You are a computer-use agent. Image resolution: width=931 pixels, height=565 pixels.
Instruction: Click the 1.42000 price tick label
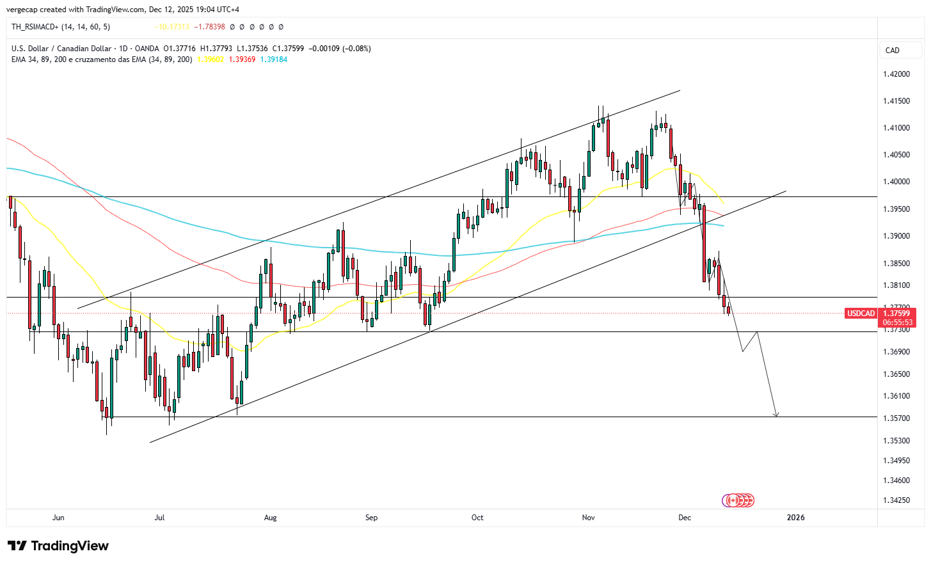point(896,74)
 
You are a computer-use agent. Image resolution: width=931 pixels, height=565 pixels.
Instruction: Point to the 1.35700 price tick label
point(896,418)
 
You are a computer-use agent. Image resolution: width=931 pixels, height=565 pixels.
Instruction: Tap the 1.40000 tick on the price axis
point(896,182)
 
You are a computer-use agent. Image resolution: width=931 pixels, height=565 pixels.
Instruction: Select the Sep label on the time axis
point(371,518)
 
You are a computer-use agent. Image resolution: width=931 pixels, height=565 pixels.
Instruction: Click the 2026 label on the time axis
point(795,518)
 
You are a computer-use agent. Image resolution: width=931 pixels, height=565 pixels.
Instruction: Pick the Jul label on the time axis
point(159,518)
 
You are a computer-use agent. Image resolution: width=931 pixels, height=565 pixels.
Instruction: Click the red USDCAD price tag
point(861,314)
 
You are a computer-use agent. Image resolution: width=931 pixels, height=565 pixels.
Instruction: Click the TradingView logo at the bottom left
point(58,546)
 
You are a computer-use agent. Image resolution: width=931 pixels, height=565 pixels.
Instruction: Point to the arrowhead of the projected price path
point(776,415)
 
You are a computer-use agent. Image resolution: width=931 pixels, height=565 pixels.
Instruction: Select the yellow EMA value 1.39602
point(211,60)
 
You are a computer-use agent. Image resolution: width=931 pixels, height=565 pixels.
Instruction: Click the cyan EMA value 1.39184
point(273,60)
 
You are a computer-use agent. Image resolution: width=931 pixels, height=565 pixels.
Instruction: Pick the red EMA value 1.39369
point(242,60)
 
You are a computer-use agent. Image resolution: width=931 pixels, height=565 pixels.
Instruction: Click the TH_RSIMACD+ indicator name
point(35,27)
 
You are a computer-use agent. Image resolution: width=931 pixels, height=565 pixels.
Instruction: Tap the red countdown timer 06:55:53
point(898,322)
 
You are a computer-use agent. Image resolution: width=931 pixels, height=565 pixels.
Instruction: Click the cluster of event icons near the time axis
point(738,500)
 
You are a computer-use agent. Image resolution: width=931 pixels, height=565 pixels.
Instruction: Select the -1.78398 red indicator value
point(210,27)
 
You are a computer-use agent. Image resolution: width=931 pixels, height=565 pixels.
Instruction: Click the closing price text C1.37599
point(288,49)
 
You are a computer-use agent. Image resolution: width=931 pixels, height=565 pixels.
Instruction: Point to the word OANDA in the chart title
point(147,49)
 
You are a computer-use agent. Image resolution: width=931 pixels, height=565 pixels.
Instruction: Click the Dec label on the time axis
point(685,518)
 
